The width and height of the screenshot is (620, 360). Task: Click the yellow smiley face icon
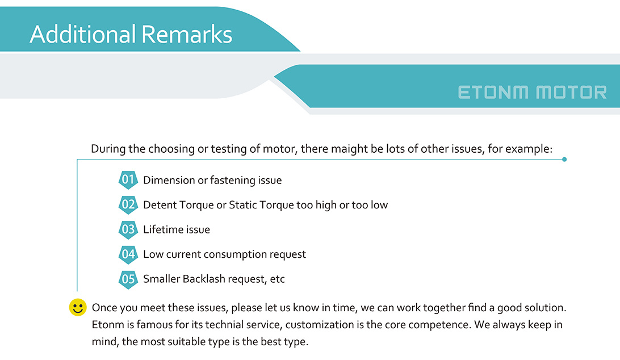click(78, 307)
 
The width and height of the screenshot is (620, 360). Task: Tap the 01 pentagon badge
click(128, 180)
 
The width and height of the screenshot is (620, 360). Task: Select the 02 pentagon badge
click(128, 205)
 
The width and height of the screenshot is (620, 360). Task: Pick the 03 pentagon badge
click(128, 229)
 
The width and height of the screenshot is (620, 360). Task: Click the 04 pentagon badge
click(128, 254)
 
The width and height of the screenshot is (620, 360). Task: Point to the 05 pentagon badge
click(128, 279)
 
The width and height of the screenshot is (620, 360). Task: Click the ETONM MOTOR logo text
click(532, 93)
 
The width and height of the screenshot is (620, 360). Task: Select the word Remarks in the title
click(187, 34)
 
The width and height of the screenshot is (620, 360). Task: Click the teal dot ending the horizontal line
click(564, 160)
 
